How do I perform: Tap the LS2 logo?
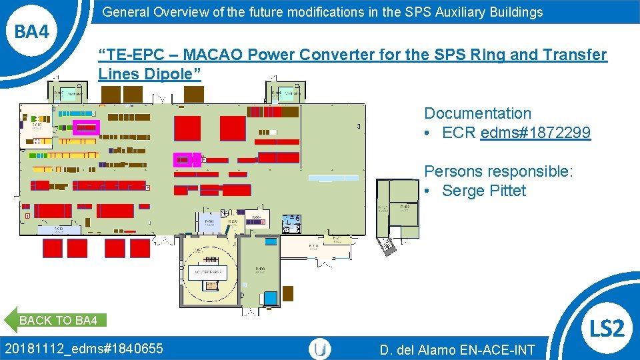coord(607,328)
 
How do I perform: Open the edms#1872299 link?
coord(535,133)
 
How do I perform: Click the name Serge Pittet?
coord(484,191)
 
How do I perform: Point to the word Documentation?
coord(477,113)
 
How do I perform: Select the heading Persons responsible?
coord(498,171)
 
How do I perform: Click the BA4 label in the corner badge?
coord(32,31)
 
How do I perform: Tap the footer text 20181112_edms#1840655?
coord(83,348)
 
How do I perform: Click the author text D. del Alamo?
coord(421,349)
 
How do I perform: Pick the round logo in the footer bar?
coord(320,349)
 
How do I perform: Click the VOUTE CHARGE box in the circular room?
coord(209,273)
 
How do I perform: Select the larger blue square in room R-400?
coord(271,297)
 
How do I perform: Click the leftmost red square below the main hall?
coord(52,248)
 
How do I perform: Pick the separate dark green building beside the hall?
coord(398,209)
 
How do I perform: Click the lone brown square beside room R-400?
coord(288,293)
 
